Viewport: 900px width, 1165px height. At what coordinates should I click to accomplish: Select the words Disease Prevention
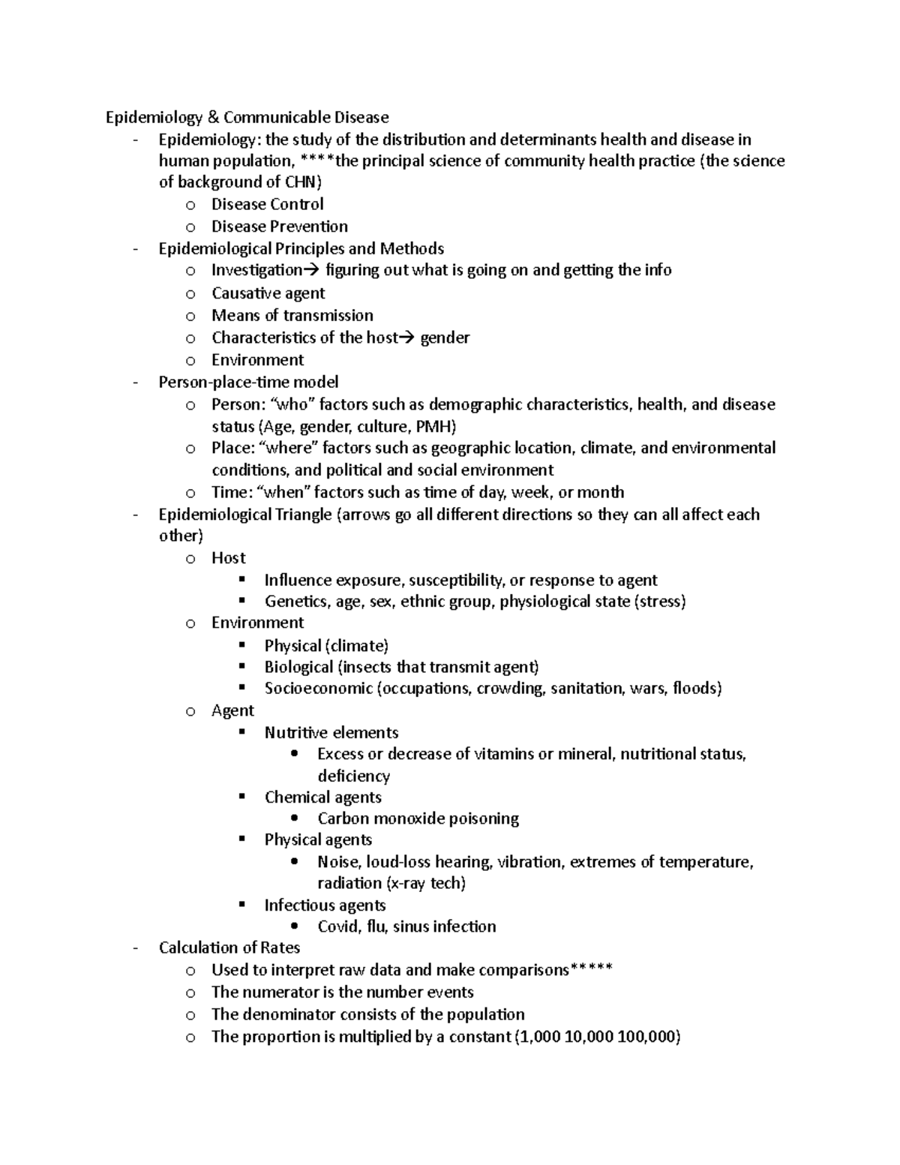(x=279, y=227)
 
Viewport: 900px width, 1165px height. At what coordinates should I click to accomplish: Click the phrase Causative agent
(x=268, y=293)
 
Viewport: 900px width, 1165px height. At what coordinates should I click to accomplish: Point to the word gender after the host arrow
(x=445, y=338)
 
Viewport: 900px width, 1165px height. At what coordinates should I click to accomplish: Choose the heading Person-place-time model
(x=248, y=382)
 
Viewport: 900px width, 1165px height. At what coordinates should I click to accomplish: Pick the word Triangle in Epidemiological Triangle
(x=304, y=515)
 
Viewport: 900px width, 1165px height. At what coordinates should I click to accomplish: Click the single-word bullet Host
(x=228, y=558)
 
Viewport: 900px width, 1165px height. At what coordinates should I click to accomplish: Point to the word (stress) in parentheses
(x=660, y=602)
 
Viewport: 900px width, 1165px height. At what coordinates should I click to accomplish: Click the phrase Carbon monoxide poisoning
(x=418, y=818)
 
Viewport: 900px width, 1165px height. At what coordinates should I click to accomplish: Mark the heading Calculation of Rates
(x=229, y=948)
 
